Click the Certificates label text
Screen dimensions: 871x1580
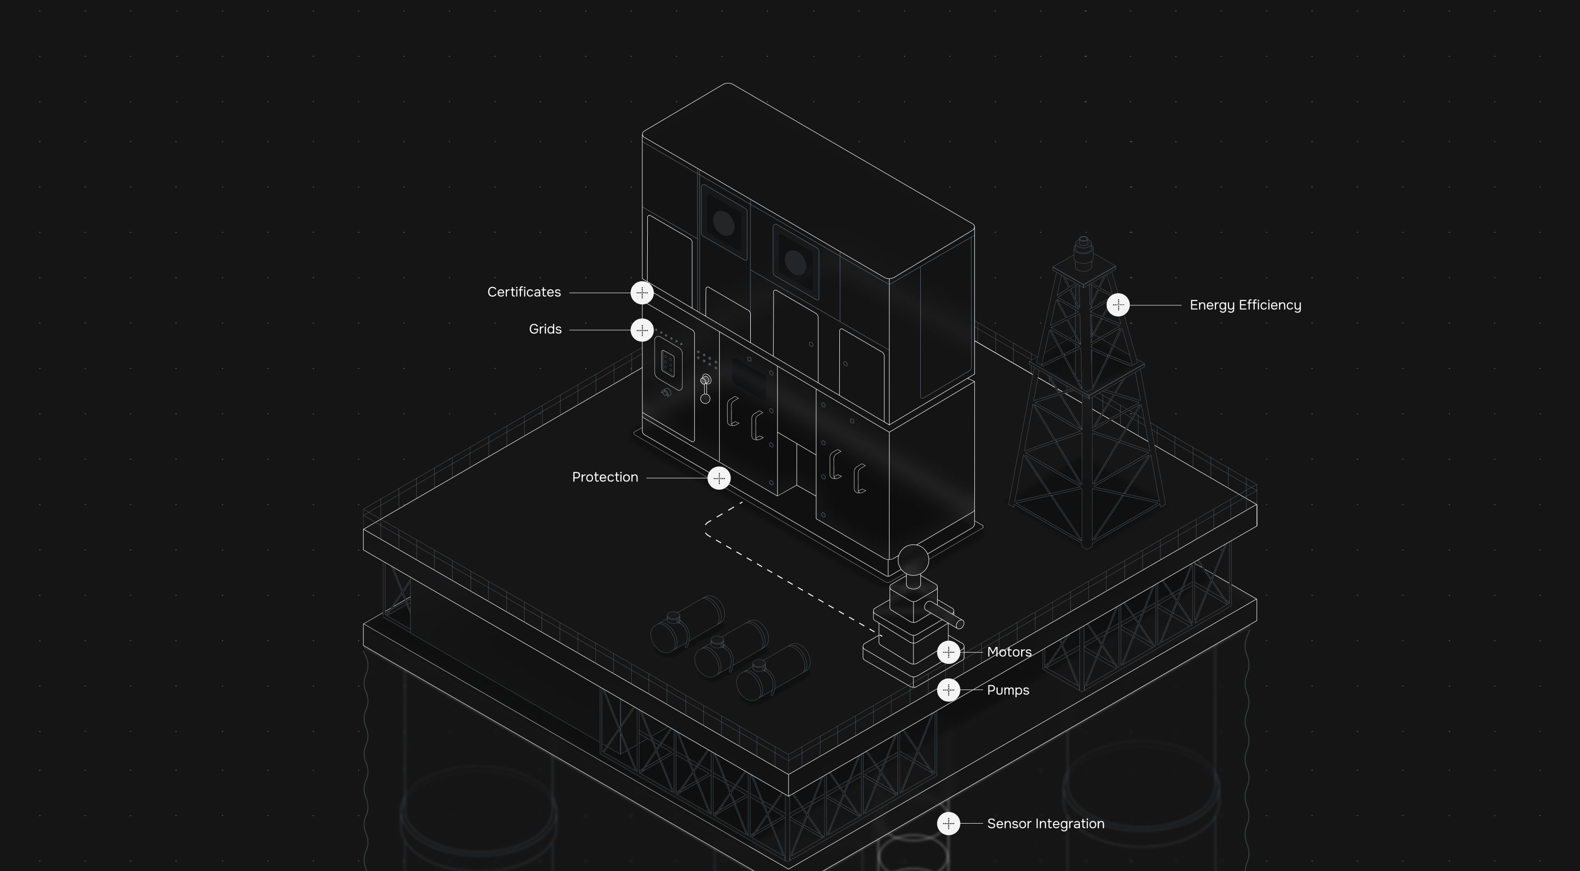pyautogui.click(x=524, y=292)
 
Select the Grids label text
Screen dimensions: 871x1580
pyautogui.click(x=545, y=330)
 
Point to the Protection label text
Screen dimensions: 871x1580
pyautogui.click(x=605, y=478)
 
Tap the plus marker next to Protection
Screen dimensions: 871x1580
pyautogui.click(x=719, y=478)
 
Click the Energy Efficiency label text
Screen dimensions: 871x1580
pyautogui.click(x=1245, y=305)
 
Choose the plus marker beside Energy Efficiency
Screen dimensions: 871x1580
pyautogui.click(x=1118, y=305)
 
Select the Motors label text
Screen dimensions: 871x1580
pyautogui.click(x=1009, y=652)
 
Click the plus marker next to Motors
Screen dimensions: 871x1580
pyautogui.click(x=949, y=652)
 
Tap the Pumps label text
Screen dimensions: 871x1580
pyautogui.click(x=1008, y=690)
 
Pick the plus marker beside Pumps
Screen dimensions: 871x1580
pyautogui.click(x=949, y=690)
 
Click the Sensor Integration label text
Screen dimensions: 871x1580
pyautogui.click(x=1045, y=824)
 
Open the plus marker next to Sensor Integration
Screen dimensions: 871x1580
pyautogui.click(x=949, y=824)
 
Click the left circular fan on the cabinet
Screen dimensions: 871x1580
pyautogui.click(x=724, y=223)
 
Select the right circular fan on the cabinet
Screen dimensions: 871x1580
pyautogui.click(x=795, y=262)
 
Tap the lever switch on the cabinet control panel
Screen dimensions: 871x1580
pyautogui.click(x=705, y=389)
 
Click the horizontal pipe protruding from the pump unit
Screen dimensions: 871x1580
pyautogui.click(x=944, y=615)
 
